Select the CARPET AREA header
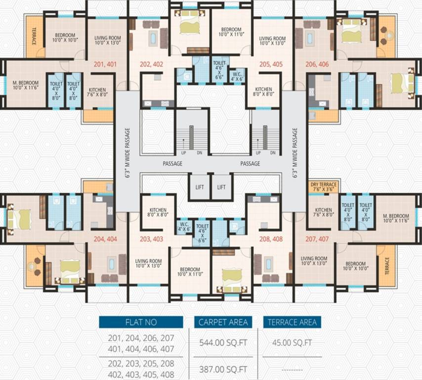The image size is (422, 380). point(223,322)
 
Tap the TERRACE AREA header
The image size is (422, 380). point(292,322)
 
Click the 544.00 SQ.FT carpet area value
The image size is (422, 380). point(223,342)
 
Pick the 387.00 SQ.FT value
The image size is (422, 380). point(223,369)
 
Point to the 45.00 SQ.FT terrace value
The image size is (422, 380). point(292,342)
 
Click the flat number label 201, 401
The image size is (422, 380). point(104,64)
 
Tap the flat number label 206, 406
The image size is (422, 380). point(317,64)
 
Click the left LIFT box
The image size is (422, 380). point(199,187)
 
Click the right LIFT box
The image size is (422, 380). point(221,187)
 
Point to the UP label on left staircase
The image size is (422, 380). point(183,153)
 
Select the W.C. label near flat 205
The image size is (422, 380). point(238,75)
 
